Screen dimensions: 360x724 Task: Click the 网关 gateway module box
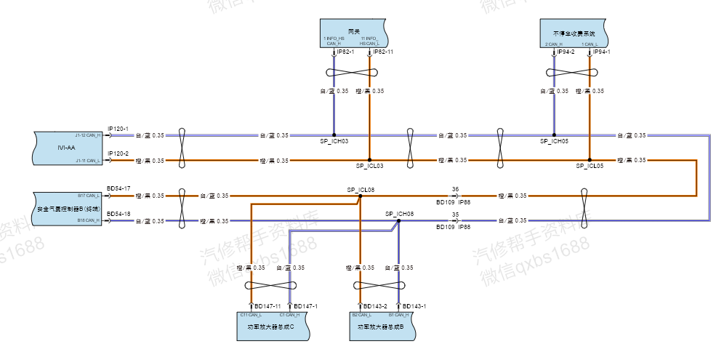(x=354, y=33)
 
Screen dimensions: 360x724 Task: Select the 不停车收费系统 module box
(x=574, y=33)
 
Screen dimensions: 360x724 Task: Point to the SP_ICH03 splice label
(x=334, y=141)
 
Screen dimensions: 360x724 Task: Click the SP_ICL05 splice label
(x=590, y=166)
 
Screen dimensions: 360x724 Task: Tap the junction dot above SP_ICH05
(x=554, y=135)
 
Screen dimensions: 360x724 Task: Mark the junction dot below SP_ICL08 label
(x=360, y=196)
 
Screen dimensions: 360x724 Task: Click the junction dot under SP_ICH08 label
(x=399, y=220)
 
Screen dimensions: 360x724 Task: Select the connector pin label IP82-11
(x=384, y=52)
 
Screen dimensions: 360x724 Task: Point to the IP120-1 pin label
(x=118, y=129)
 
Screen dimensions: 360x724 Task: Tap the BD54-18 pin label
(x=118, y=214)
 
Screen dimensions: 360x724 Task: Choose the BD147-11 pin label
(x=268, y=306)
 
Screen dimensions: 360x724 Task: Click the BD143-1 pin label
(x=414, y=306)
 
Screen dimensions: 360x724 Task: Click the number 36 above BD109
(x=455, y=189)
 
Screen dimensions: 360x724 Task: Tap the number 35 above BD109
(x=455, y=215)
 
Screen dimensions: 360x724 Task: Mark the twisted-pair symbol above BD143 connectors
(x=379, y=285)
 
